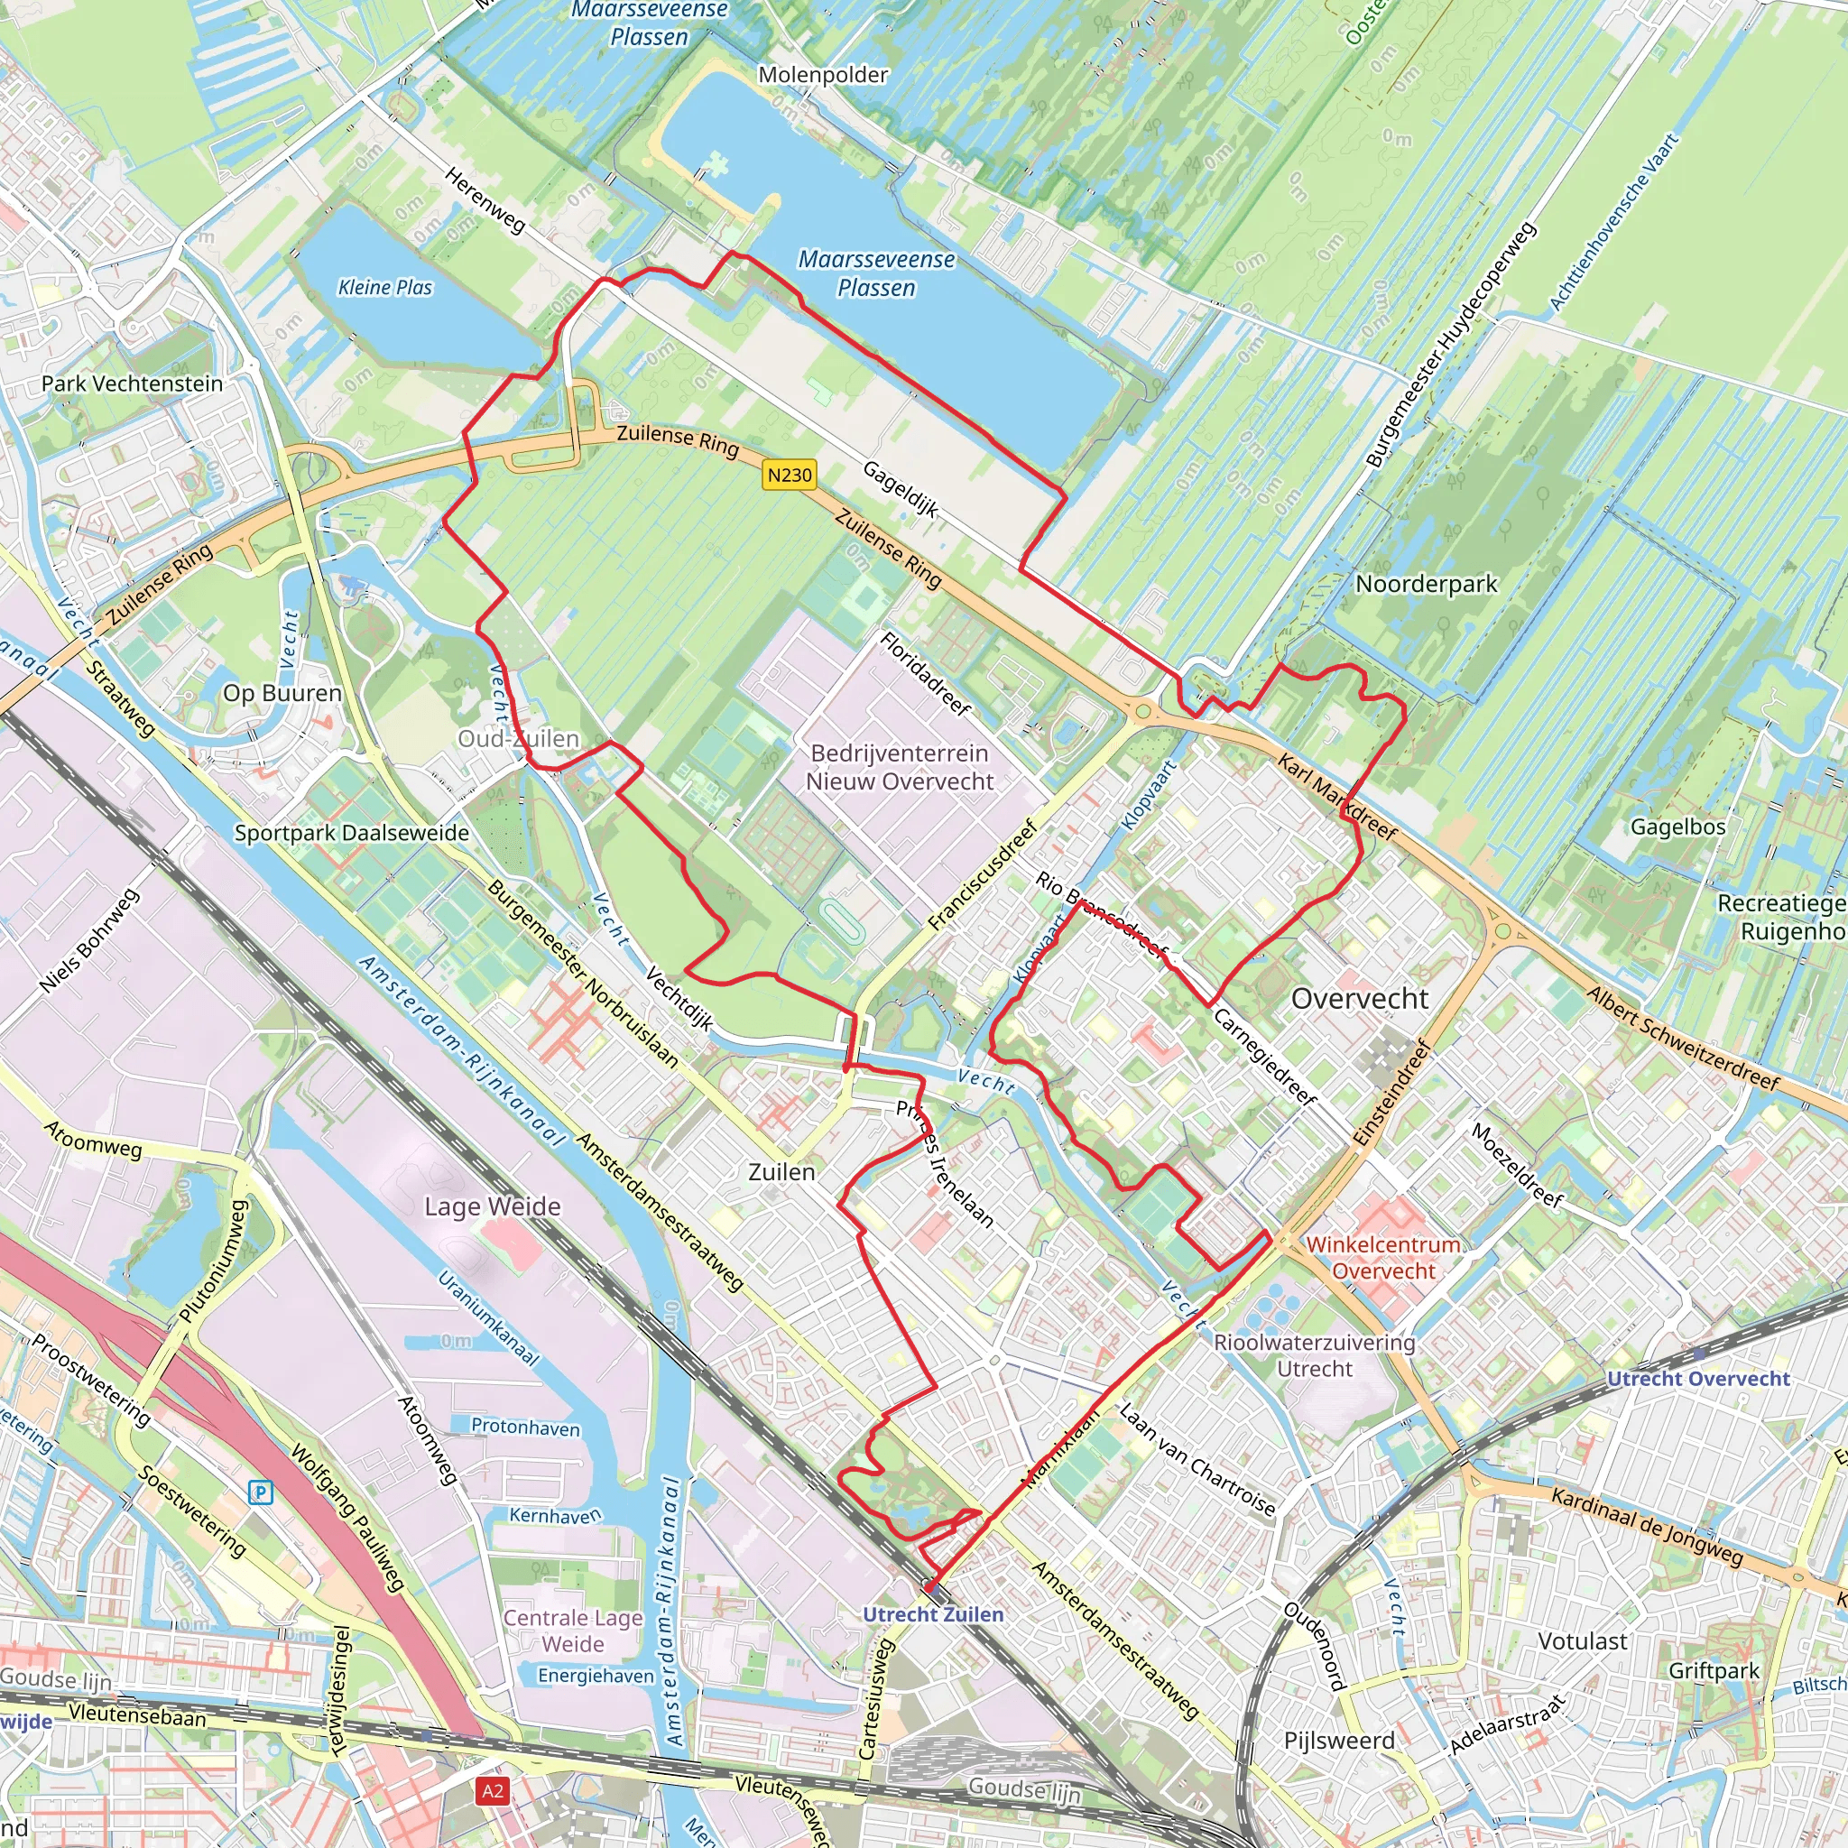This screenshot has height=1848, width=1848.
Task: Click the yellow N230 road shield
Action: (790, 475)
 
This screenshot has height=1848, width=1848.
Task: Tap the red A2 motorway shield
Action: (493, 1790)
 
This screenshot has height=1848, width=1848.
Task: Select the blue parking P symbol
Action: (260, 1492)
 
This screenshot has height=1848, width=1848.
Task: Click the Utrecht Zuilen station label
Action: (933, 1614)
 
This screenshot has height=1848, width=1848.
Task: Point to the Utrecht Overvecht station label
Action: (1698, 1379)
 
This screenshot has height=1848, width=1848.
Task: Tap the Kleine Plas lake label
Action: (385, 287)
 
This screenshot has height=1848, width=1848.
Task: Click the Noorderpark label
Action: (1427, 584)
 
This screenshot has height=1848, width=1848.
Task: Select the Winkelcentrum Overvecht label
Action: (1383, 1258)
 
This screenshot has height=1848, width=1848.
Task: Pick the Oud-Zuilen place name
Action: (519, 738)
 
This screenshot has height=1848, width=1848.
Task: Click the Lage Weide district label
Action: (493, 1206)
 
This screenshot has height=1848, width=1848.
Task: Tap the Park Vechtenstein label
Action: (132, 383)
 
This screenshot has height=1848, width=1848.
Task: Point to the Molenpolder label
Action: (823, 75)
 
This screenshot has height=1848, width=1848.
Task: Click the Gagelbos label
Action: (1678, 827)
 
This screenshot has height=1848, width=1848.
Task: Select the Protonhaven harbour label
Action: (525, 1428)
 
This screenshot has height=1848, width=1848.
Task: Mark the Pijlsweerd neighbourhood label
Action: (1339, 1740)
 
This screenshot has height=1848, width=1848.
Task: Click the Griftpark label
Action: (1714, 1670)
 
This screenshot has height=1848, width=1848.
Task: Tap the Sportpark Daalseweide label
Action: (352, 833)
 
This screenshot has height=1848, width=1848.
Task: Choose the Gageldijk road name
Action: (900, 489)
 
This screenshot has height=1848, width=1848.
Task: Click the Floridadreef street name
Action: (925, 673)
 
